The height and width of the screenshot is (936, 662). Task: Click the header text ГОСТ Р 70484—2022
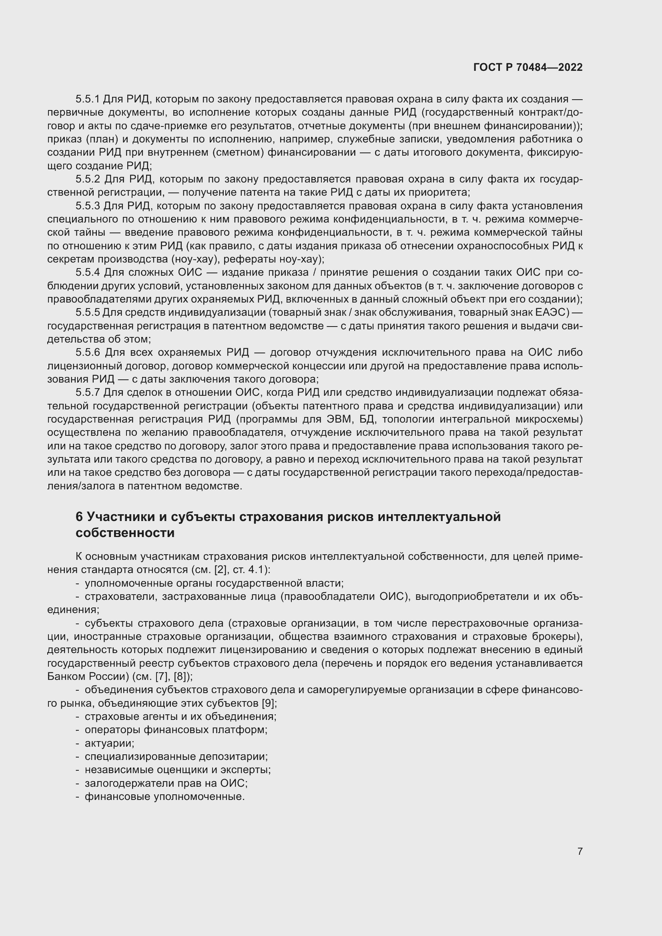click(x=528, y=68)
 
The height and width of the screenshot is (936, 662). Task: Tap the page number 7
click(x=580, y=851)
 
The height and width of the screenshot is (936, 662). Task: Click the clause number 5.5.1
click(x=88, y=99)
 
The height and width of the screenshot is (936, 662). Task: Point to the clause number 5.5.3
click(x=88, y=206)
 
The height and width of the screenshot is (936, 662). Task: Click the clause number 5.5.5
click(x=88, y=313)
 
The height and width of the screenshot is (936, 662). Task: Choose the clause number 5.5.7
click(x=88, y=393)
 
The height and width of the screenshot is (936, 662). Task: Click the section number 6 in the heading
click(x=79, y=517)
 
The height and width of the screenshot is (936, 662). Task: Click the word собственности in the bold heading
click(x=125, y=533)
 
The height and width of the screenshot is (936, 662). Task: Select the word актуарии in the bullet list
click(x=109, y=743)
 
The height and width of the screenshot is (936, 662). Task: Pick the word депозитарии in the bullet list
click(x=233, y=757)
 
